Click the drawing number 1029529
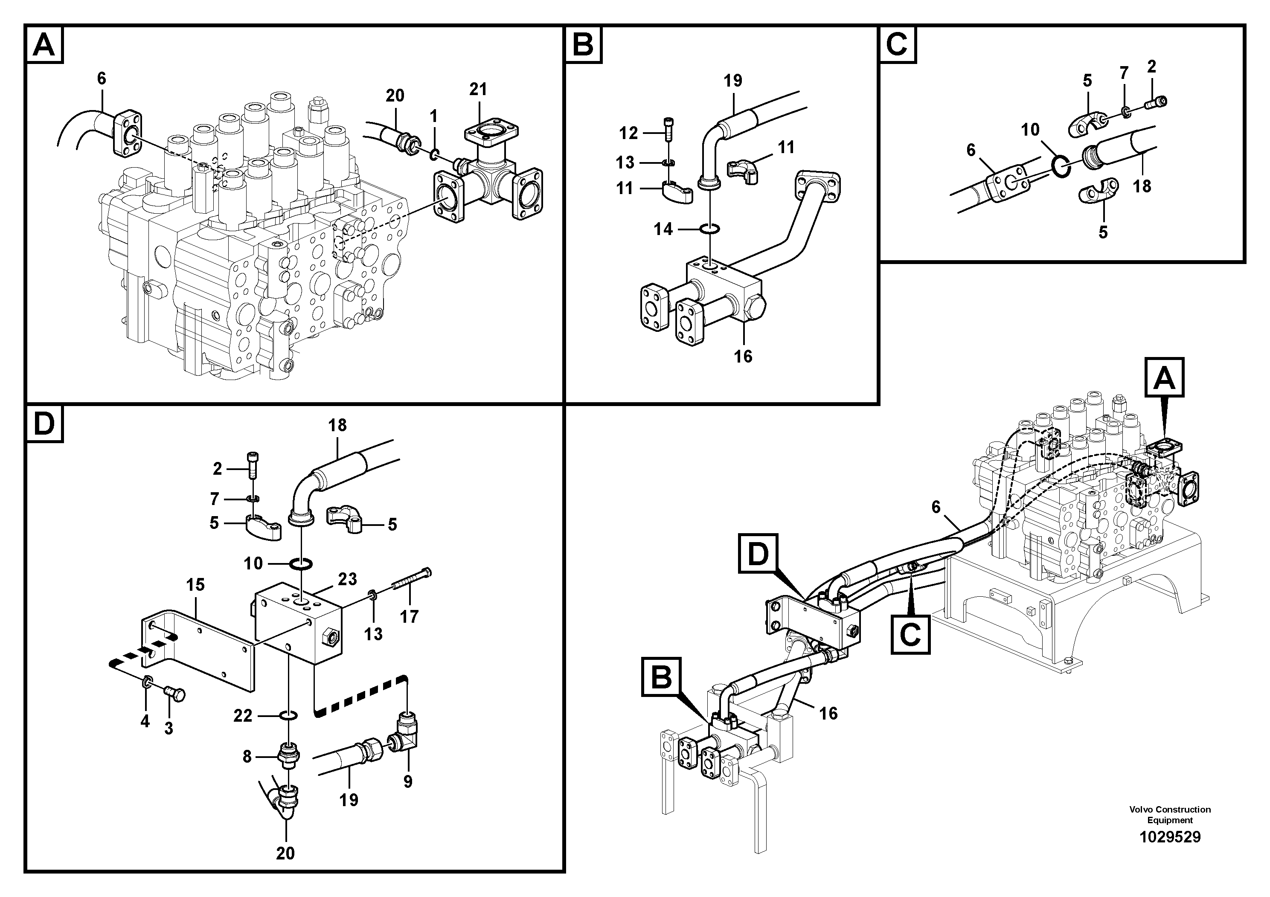(x=1169, y=837)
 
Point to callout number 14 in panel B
(x=663, y=229)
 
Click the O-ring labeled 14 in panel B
(x=710, y=228)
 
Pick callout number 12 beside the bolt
(x=628, y=133)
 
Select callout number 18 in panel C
(x=1142, y=186)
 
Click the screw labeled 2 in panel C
(x=1156, y=101)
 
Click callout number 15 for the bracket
(x=195, y=584)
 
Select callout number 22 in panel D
(x=243, y=716)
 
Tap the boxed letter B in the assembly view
(x=662, y=677)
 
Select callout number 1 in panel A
(x=434, y=116)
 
